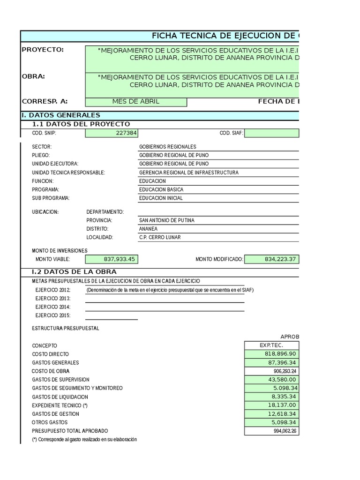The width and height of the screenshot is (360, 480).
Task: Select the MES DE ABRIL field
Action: pyautogui.click(x=135, y=102)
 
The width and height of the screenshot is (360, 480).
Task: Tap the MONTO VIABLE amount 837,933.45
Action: pyautogui.click(x=119, y=259)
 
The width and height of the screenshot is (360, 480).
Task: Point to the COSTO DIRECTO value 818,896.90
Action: pyautogui.click(x=280, y=354)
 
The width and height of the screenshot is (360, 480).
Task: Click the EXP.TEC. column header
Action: pyautogui.click(x=271, y=345)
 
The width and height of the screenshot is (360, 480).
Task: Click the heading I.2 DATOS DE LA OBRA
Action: pyautogui.click(x=74, y=272)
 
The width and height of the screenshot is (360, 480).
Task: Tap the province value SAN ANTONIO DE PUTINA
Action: pyautogui.click(x=167, y=220)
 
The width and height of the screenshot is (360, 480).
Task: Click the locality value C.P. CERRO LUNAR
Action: pyautogui.click(x=160, y=237)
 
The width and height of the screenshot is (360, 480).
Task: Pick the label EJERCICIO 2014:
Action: pyautogui.click(x=53, y=307)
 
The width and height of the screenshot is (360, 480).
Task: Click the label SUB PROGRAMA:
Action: pyautogui.click(x=51, y=198)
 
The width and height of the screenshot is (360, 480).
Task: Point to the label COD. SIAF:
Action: pyautogui.click(x=231, y=133)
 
